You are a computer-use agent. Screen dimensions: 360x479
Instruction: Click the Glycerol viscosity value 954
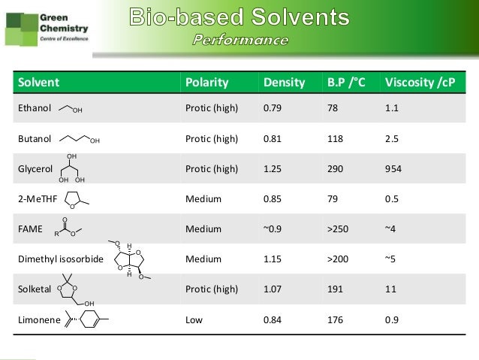point(393,168)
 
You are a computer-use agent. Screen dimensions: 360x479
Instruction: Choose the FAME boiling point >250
point(336,228)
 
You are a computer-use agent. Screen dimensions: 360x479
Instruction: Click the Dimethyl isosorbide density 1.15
point(271,259)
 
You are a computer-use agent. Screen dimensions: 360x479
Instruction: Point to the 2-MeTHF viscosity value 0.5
point(390,198)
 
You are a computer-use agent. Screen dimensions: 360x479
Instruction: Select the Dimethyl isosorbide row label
point(59,259)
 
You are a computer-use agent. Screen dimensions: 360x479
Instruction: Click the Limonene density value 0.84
point(271,319)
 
